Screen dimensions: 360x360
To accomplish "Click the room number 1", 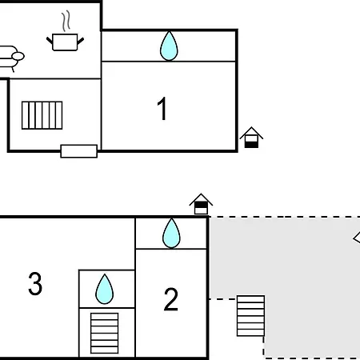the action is [162, 109].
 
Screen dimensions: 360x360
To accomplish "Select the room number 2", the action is [170, 299].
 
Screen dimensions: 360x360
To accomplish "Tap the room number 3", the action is [35, 283].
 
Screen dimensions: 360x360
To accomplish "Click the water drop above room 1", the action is [169, 46].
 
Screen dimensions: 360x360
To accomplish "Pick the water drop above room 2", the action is [171, 234].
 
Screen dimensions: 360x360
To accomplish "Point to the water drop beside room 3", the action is [105, 289].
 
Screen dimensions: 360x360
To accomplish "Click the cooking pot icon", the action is [65, 42].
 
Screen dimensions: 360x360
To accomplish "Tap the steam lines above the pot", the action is [66, 21].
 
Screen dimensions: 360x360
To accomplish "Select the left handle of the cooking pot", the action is [50, 41].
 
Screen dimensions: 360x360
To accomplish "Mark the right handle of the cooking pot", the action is [81, 41].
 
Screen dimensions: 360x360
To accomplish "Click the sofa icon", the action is [10, 58].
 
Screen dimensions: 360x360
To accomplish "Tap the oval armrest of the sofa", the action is [18, 56].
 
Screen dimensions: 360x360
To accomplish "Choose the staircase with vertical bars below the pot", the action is [42, 115].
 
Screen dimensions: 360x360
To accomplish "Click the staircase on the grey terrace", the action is [250, 316].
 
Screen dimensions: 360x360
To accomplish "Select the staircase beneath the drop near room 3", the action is [104, 334].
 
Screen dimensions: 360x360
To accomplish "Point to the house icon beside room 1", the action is [251, 138].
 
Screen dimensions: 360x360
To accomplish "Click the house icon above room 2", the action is [201, 204].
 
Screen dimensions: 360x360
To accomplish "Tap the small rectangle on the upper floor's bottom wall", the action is [79, 151].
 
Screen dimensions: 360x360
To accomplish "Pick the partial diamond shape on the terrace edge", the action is [357, 238].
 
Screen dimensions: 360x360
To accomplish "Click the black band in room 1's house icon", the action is [251, 145].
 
